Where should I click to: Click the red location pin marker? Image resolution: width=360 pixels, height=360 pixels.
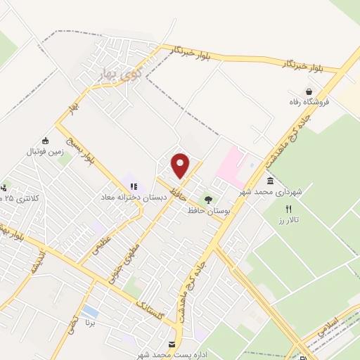click(181, 165)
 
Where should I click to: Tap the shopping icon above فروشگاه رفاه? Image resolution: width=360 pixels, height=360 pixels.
click(308, 91)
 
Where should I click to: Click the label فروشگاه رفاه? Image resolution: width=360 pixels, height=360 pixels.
click(309, 103)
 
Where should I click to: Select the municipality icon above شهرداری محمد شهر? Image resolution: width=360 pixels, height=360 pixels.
click(270, 181)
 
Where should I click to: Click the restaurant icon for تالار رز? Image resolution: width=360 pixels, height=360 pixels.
click(288, 210)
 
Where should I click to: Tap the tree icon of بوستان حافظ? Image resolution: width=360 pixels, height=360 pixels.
click(207, 199)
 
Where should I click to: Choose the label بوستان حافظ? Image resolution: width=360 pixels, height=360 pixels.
click(205, 210)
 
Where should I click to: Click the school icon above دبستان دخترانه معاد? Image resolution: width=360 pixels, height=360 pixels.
click(134, 187)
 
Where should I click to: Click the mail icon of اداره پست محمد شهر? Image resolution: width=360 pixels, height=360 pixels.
click(173, 343)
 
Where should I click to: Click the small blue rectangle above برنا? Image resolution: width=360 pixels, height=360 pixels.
click(90, 311)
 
